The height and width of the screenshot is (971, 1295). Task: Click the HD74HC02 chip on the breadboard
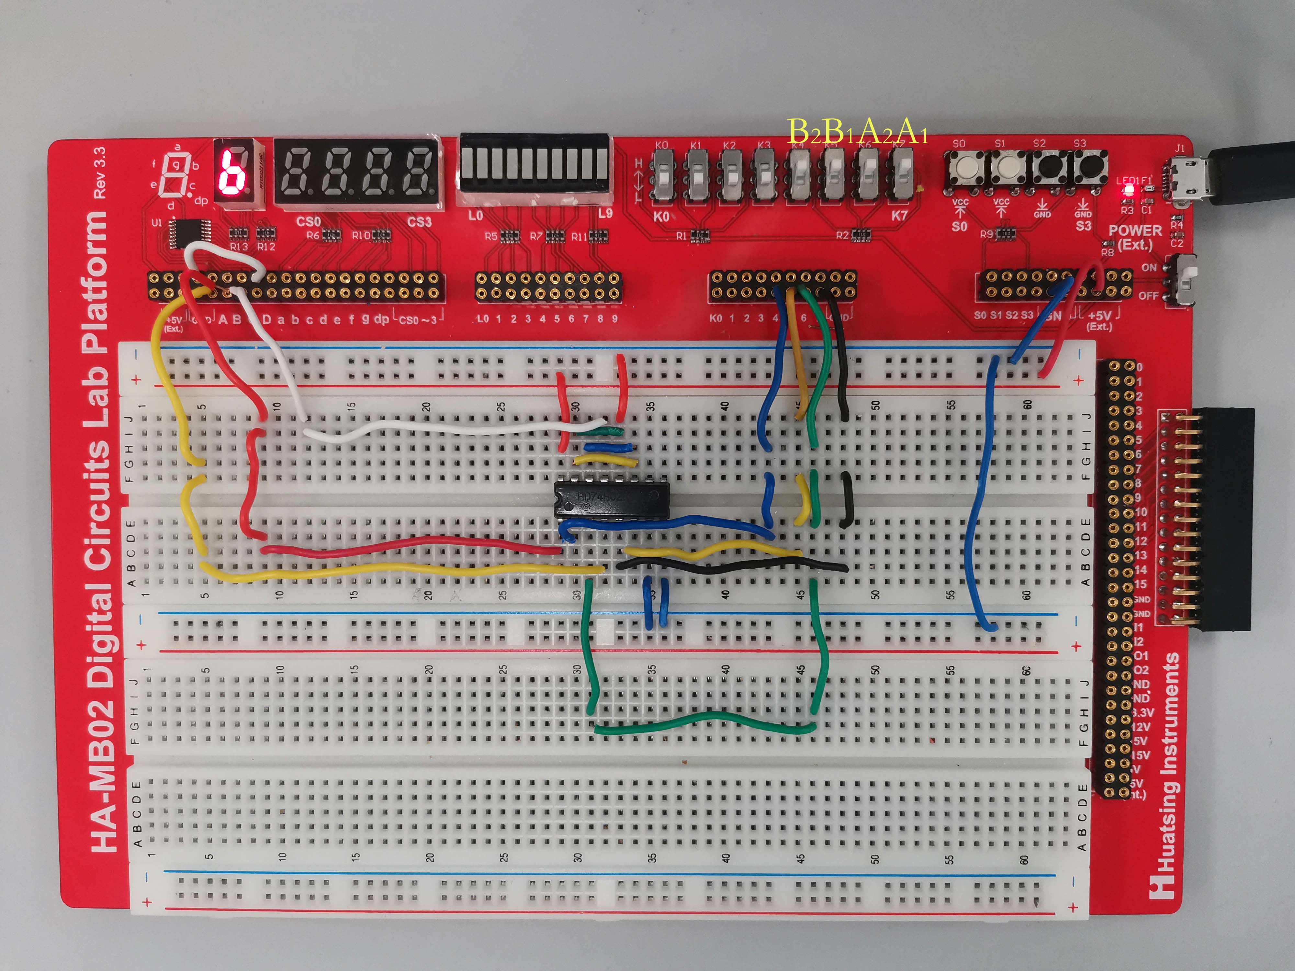click(612, 498)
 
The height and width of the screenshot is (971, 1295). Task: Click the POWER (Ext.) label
click(1135, 237)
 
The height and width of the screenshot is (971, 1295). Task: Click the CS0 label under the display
click(309, 222)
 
